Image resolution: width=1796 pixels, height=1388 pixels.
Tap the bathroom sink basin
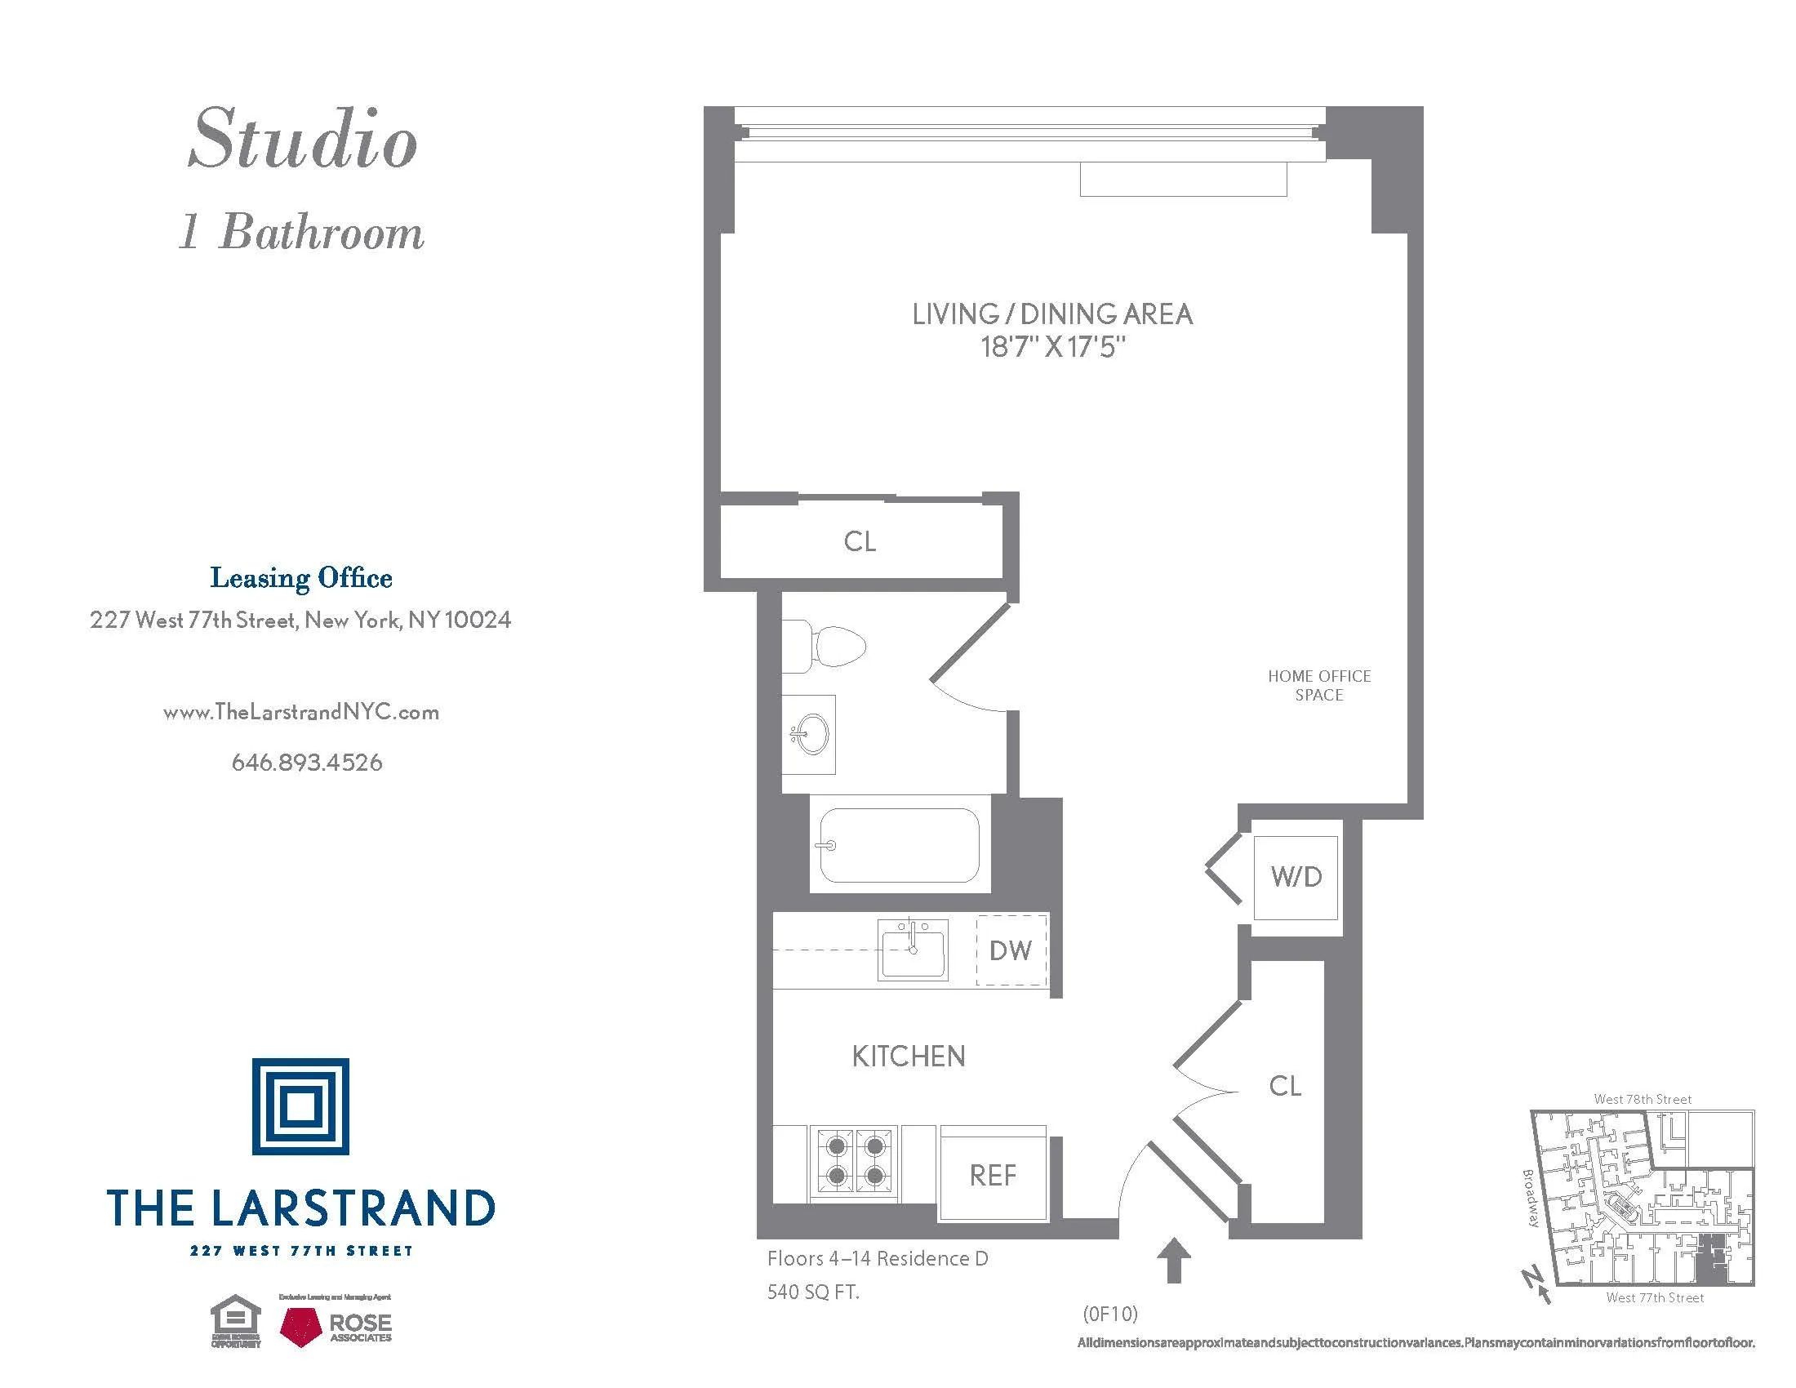click(x=811, y=733)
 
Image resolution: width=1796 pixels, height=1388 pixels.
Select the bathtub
click(x=900, y=844)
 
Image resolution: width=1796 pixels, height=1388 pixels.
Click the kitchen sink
click(x=913, y=950)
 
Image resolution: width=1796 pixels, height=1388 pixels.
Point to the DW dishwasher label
click(x=1011, y=950)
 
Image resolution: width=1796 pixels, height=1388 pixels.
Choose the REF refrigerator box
click(x=994, y=1175)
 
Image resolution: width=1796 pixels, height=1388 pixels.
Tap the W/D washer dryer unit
click(x=1296, y=877)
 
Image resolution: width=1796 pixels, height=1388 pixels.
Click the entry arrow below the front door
click(x=1173, y=1260)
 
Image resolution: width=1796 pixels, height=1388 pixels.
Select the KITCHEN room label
click(x=909, y=1057)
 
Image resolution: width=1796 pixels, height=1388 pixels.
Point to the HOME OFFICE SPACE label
click(x=1319, y=685)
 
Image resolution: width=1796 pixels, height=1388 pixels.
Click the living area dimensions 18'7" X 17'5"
click(x=1051, y=347)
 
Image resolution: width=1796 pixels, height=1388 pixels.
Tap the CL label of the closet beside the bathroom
click(x=860, y=541)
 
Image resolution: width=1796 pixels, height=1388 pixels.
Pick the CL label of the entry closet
click(x=1285, y=1085)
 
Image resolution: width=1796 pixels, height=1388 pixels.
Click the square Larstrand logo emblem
click(x=301, y=1106)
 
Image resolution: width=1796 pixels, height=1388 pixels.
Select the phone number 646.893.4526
click(x=307, y=763)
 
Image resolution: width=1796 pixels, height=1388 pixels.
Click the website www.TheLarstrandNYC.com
click(x=301, y=712)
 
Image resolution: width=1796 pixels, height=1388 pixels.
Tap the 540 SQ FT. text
click(x=813, y=1292)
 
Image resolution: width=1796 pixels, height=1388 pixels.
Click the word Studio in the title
click(x=303, y=140)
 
